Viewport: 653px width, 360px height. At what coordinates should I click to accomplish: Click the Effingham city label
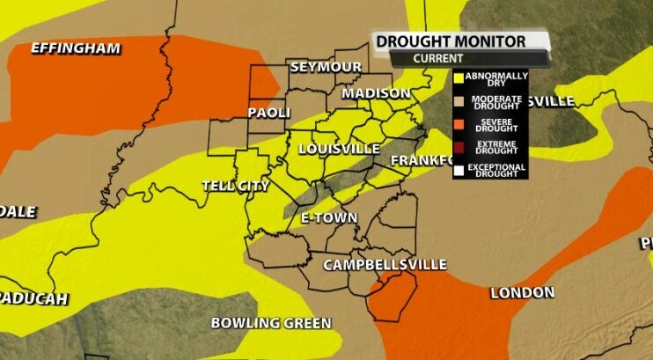coord(75,48)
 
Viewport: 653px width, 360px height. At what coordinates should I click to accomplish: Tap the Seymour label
coord(326,68)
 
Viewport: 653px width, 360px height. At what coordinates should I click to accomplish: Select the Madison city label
coord(376,93)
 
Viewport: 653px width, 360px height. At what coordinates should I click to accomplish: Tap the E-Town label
coord(328,217)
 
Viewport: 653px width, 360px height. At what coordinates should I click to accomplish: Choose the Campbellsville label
coord(385,265)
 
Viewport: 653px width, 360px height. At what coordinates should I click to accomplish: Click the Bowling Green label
coord(270,323)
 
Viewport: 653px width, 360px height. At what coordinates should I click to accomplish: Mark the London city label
coord(522,292)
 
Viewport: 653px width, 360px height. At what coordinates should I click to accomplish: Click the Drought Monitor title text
coord(451,41)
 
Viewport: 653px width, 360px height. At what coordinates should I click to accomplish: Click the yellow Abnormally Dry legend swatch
coord(459,78)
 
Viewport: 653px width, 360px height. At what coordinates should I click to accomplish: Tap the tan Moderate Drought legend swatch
coord(459,101)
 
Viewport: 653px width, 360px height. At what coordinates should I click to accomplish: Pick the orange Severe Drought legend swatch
coord(459,124)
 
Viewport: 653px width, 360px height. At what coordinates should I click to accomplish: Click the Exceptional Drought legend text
coord(496,169)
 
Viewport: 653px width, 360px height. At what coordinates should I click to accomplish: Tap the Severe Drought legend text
coord(496,124)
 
